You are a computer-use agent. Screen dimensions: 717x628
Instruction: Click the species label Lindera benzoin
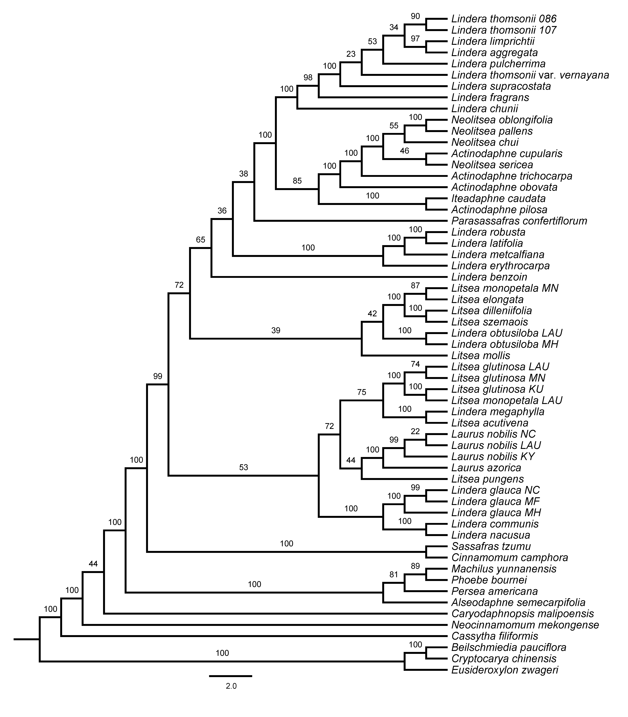pyautogui.click(x=489, y=277)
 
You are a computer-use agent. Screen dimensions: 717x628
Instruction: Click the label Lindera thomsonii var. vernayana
pyautogui.click(x=530, y=75)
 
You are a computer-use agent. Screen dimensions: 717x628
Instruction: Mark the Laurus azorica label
pyautogui.click(x=486, y=468)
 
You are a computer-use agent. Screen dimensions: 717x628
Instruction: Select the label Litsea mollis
pyautogui.click(x=480, y=356)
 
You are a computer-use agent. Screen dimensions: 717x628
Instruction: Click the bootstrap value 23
pyautogui.click(x=351, y=54)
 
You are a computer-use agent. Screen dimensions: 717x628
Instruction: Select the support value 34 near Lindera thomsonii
pyautogui.click(x=394, y=27)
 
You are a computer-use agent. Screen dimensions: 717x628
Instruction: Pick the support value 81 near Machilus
pyautogui.click(x=394, y=575)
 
